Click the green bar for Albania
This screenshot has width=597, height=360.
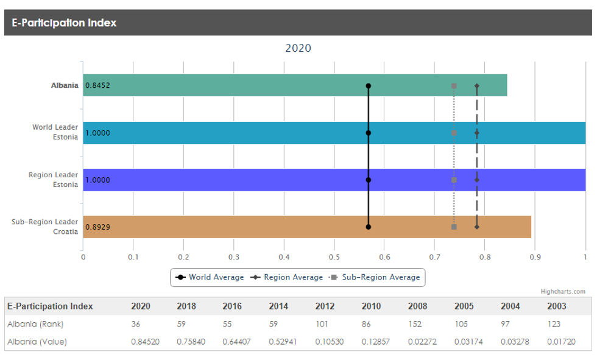tap(244, 85)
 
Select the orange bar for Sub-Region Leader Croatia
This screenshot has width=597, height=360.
tap(244, 227)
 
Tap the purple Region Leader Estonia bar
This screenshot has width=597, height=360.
tap(244, 180)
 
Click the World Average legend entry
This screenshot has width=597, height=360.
tap(210, 277)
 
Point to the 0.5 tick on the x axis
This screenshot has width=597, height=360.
tap(334, 257)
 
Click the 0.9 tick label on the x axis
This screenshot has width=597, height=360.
tap(535, 257)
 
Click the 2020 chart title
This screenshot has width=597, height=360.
tap(298, 48)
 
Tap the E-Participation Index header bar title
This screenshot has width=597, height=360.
tap(64, 23)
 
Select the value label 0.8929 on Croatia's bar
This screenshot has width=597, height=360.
tap(98, 227)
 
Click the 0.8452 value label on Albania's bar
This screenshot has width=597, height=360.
tap(98, 86)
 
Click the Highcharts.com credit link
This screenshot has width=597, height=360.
tap(563, 291)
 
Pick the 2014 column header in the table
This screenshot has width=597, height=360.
tap(278, 306)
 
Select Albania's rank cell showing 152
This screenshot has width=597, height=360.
tap(417, 324)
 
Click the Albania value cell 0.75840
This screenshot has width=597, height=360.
tap(191, 342)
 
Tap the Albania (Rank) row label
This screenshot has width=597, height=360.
tap(35, 324)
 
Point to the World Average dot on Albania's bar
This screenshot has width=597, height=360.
tap(369, 86)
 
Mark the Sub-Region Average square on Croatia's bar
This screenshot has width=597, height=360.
tap(454, 227)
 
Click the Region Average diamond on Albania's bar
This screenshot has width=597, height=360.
tap(477, 86)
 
